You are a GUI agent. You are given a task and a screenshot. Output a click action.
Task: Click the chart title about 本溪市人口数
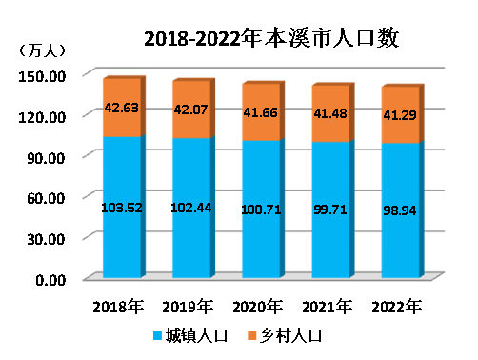(271, 39)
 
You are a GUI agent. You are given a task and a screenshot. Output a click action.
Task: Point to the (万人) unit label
(42, 50)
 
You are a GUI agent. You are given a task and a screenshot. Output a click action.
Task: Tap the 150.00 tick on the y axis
(42, 76)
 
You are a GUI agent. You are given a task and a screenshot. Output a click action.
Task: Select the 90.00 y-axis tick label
(46, 158)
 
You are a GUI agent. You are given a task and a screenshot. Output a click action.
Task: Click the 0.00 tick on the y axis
(50, 280)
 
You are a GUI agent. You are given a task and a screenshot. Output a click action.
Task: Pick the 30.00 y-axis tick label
(46, 239)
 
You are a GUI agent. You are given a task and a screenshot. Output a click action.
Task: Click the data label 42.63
(122, 108)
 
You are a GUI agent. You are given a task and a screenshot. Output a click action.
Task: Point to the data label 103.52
(122, 208)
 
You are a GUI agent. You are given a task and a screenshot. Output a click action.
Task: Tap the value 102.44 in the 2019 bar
(191, 208)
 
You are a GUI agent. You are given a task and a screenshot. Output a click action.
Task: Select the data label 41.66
(261, 112)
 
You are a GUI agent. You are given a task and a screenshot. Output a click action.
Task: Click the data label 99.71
(330, 210)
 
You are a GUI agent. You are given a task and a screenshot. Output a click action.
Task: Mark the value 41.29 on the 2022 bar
(400, 115)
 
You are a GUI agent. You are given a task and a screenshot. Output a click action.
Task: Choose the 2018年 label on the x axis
(118, 307)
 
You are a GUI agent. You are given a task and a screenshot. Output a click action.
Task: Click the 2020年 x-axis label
(257, 307)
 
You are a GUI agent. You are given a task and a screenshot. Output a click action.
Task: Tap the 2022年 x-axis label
(397, 307)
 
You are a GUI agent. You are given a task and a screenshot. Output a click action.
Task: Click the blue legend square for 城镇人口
(157, 336)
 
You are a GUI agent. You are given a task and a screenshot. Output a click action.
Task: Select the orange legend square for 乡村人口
(251, 336)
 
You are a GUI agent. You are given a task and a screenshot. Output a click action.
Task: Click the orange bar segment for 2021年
(330, 113)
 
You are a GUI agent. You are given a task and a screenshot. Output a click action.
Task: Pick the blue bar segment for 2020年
(261, 209)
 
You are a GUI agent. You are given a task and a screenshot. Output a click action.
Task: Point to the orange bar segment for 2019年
(191, 110)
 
